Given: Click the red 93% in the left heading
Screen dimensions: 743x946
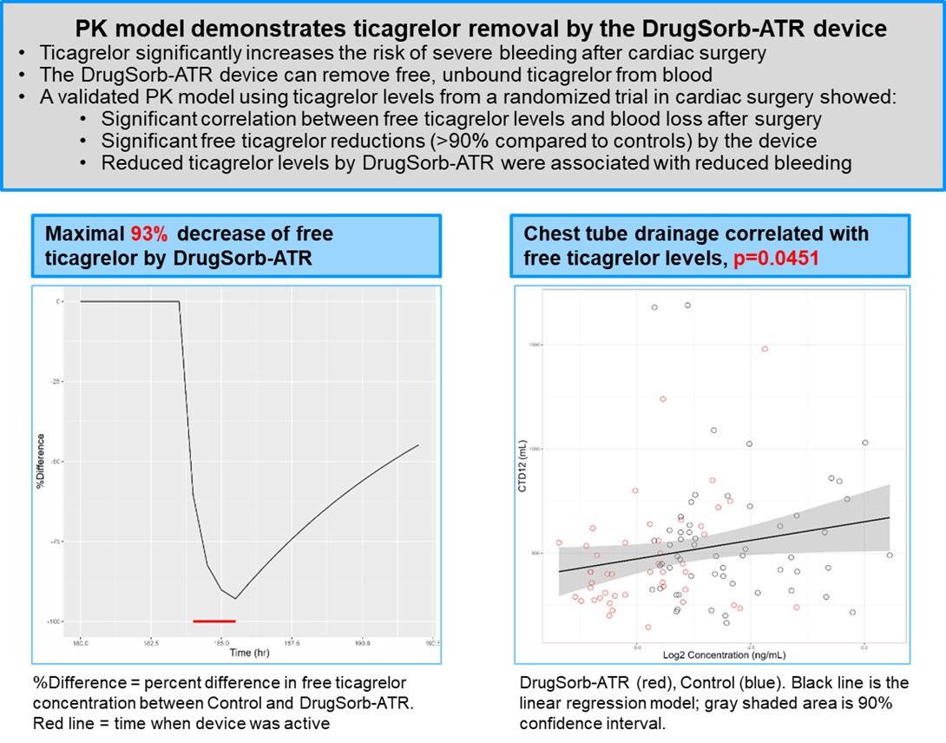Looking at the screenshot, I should point(148,234).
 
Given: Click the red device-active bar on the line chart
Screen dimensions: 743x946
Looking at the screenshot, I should point(214,621).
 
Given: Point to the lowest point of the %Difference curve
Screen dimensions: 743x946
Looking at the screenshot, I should point(235,599).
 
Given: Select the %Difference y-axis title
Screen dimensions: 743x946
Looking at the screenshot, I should point(40,460).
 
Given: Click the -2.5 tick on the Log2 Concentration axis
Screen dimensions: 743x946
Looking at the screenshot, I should point(751,647).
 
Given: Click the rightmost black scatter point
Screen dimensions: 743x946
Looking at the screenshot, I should point(890,556).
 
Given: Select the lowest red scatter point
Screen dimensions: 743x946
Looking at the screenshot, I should point(648,627).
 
